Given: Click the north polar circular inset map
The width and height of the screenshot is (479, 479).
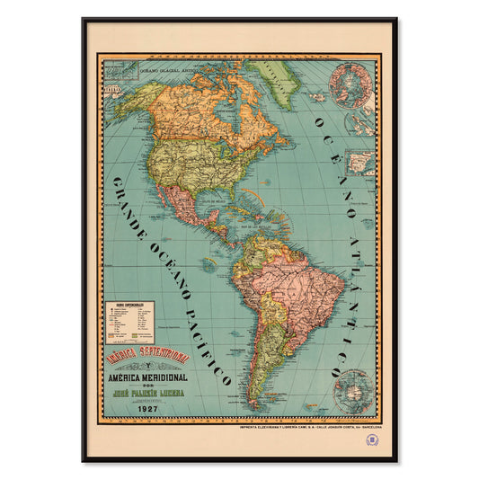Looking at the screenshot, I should pyautogui.click(x=351, y=85).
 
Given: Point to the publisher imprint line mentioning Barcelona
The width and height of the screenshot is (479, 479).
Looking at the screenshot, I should pyautogui.click(x=301, y=427).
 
